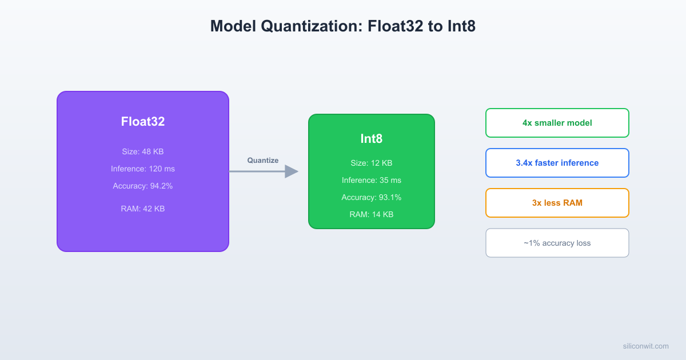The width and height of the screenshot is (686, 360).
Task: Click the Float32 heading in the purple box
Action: coord(143,121)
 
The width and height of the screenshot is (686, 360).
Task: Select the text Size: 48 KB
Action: coord(143,151)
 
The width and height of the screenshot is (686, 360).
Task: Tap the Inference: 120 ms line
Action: coord(143,169)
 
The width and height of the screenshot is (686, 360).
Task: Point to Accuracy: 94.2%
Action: coord(143,186)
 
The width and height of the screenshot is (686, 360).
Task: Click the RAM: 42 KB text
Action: coord(143,209)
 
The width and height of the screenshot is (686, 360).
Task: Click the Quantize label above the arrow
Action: coord(263,161)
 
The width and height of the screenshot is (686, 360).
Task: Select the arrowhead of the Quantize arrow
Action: coord(292,171)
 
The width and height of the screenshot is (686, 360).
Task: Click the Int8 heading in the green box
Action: coord(372,139)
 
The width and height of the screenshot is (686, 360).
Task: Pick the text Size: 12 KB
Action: coord(372,163)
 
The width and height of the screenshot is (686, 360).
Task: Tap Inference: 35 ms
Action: coord(372,180)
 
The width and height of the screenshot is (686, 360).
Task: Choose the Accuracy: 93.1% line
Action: coord(372,197)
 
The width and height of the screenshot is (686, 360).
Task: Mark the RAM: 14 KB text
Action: coord(372,214)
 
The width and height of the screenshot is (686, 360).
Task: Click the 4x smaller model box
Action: coord(557,123)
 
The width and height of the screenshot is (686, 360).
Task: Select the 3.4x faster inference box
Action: coord(557,163)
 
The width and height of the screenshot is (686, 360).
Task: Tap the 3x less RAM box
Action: coord(557,203)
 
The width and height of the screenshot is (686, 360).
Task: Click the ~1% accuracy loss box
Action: coord(557,243)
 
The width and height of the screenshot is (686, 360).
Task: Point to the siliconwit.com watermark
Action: coord(645,346)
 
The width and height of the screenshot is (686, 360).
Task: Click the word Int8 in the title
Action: coord(459,26)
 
